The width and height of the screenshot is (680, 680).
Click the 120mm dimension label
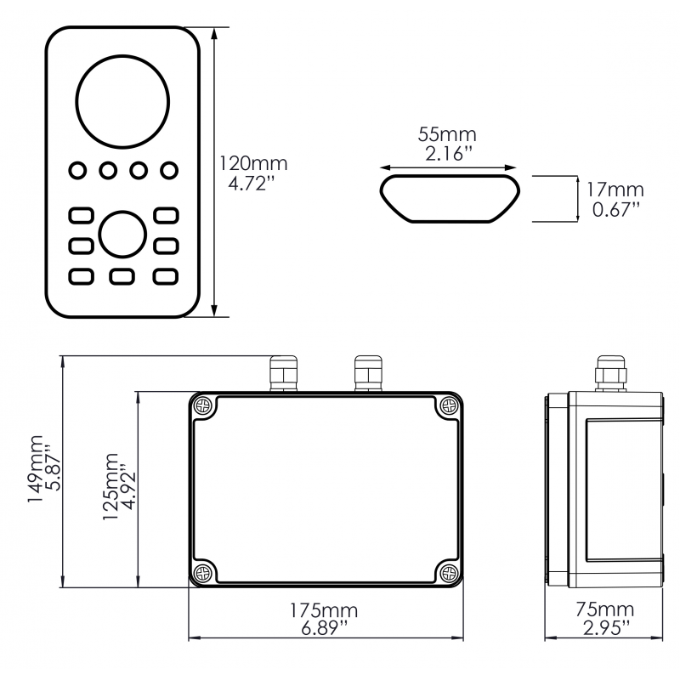pos(253,162)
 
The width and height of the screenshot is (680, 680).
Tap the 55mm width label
pos(447,134)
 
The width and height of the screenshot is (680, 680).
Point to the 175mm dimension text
pos(324,610)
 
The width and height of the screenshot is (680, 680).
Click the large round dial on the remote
pos(122,98)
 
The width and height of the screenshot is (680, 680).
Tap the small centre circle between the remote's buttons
pos(122,234)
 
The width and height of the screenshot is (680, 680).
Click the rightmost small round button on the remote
pos(170,170)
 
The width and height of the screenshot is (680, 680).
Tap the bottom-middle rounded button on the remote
pos(122,276)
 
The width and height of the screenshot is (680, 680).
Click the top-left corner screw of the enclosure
pos(202,406)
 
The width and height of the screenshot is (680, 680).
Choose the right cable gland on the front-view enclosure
pos(366,375)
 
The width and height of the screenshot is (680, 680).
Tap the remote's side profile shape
pos(448,198)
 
